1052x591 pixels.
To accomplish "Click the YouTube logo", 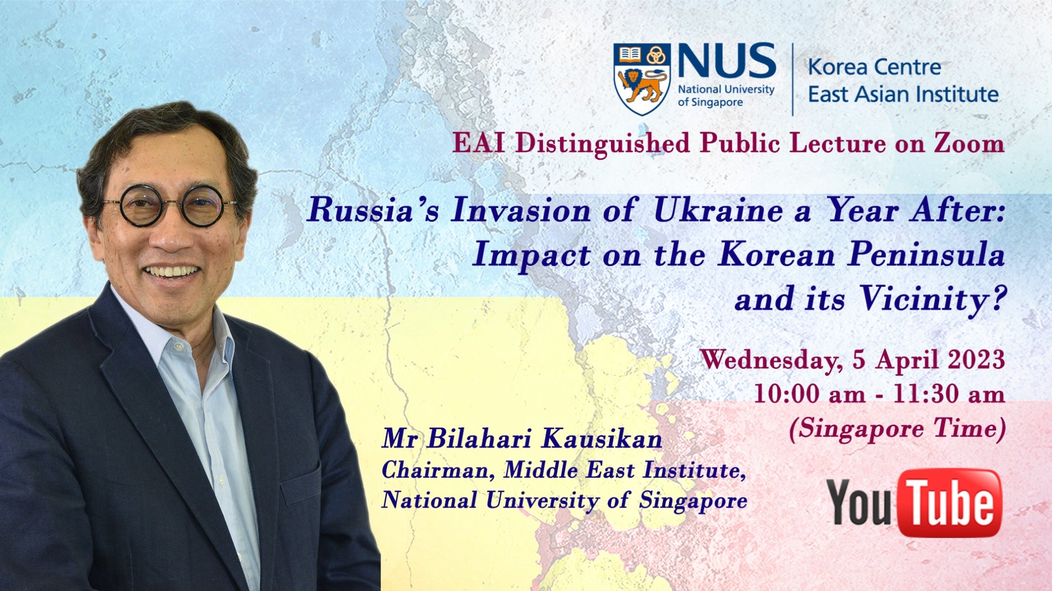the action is pyautogui.click(x=914, y=503).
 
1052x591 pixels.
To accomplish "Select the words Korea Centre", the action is pyautogui.click(x=874, y=67).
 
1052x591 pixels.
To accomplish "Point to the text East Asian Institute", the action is pyautogui.click(x=903, y=94).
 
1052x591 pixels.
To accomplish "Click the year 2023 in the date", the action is pyautogui.click(x=976, y=360).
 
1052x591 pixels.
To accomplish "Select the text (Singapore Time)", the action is pyautogui.click(x=896, y=429).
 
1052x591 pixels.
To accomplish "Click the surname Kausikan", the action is pyautogui.click(x=602, y=439).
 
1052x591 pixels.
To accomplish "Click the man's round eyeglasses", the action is pyautogui.click(x=171, y=206).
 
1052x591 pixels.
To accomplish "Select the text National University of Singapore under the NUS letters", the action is pyautogui.click(x=725, y=96).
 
